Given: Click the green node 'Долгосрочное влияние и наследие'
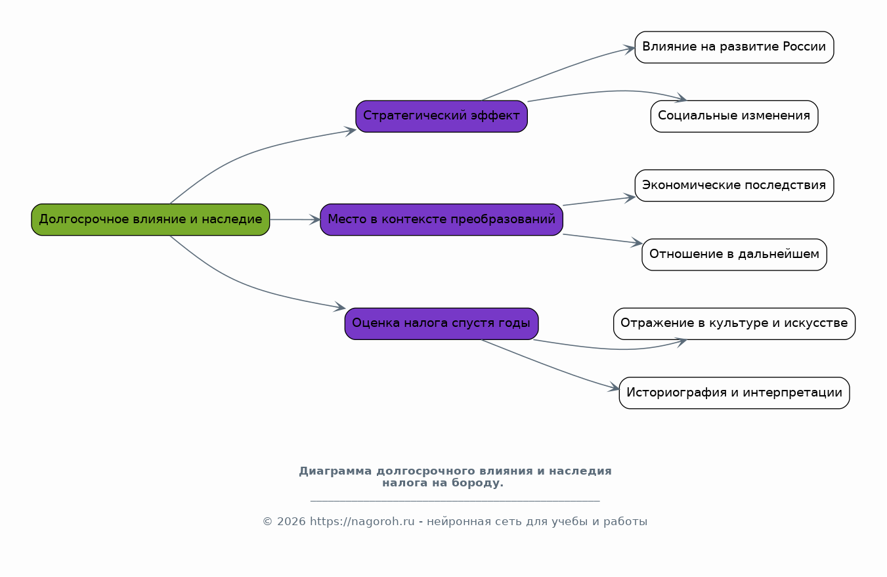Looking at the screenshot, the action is click(x=150, y=219).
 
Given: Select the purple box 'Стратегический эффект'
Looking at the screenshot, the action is click(x=441, y=116).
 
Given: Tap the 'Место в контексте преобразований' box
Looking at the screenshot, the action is click(x=441, y=219).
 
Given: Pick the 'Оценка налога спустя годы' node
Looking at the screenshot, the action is click(x=441, y=324).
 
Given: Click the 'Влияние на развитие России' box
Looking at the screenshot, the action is click(x=734, y=47).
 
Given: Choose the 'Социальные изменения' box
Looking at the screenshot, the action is click(x=734, y=116).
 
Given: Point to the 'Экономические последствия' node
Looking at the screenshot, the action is click(x=734, y=185).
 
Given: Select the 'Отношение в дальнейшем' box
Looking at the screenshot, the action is click(x=734, y=254).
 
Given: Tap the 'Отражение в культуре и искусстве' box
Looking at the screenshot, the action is click(x=734, y=324).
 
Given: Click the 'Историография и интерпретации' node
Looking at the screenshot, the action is click(x=734, y=393).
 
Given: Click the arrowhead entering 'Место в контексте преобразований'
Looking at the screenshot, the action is click(x=315, y=219).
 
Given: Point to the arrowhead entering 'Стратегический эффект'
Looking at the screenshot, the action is click(x=351, y=131).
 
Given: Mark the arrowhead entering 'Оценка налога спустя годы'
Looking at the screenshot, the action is click(x=339, y=307).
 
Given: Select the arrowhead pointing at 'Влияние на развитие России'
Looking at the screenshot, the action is click(x=630, y=49).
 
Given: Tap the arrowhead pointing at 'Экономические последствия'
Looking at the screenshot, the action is click(x=630, y=198).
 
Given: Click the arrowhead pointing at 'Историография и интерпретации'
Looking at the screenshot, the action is click(x=614, y=388).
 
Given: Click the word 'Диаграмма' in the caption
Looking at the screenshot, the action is click(x=335, y=471).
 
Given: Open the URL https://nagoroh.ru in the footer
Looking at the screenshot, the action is click(x=362, y=521).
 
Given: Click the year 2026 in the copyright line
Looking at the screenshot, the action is click(x=291, y=522).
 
